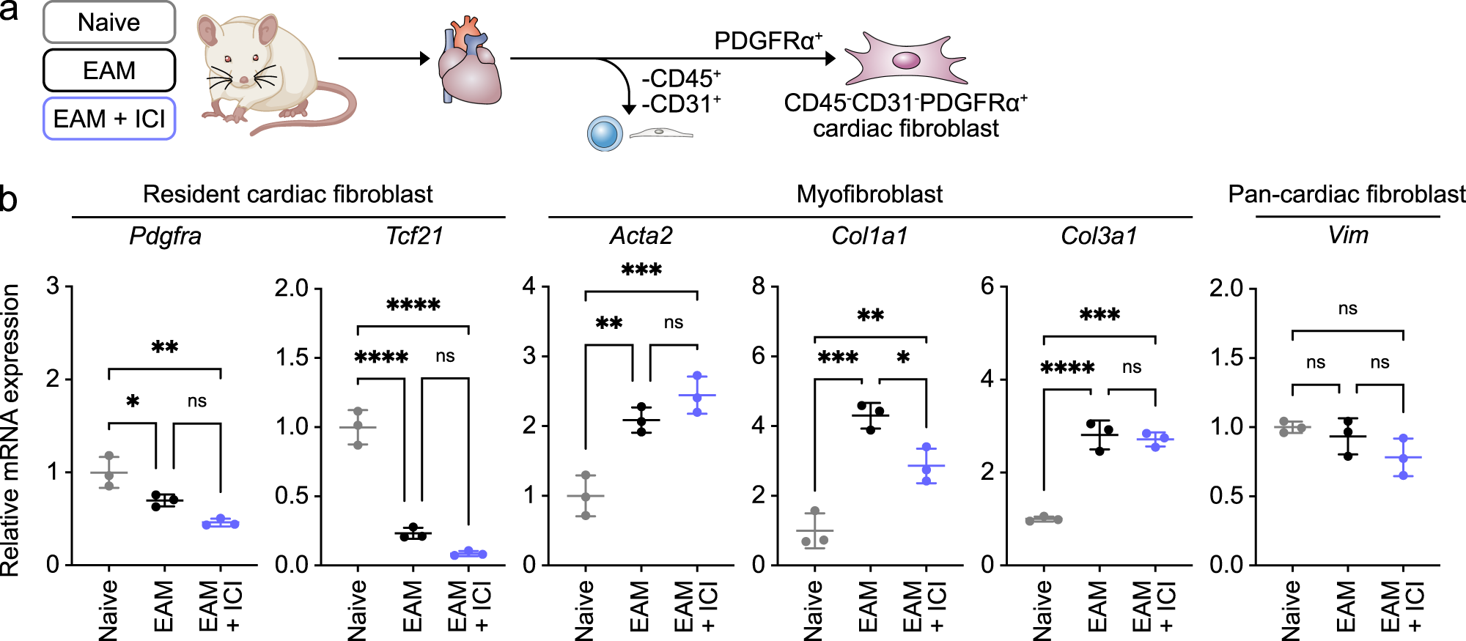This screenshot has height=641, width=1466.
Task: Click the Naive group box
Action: click(108, 23)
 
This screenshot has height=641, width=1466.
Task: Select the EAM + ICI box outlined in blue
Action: click(108, 119)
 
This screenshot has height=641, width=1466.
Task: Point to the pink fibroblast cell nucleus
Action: click(906, 60)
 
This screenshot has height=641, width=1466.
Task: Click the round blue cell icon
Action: click(605, 134)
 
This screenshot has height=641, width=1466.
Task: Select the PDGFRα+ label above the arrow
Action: click(767, 41)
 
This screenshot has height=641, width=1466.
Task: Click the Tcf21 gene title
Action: click(414, 236)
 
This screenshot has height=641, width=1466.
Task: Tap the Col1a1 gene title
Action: click(869, 236)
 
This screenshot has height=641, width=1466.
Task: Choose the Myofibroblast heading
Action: click(869, 194)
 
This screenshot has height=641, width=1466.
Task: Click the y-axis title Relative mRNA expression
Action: click(10, 431)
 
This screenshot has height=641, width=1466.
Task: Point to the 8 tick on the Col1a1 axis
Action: click(759, 286)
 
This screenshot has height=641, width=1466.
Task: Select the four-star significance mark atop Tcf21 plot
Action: click(413, 305)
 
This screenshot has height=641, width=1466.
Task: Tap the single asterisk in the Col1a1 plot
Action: click(903, 357)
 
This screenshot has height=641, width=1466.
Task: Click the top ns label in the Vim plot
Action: click(1347, 308)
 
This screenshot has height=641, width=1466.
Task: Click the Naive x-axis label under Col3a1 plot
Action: click(1042, 609)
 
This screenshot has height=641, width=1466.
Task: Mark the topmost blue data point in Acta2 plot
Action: click(698, 376)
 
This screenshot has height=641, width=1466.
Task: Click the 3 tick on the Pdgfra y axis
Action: click(53, 286)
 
